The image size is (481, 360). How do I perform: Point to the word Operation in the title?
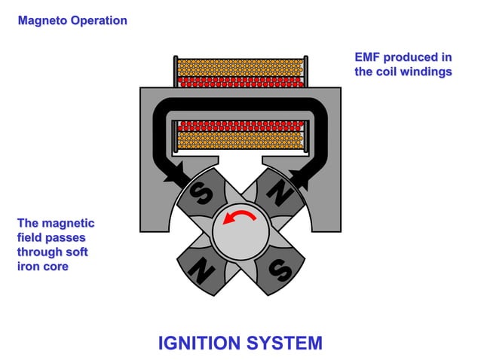[x=99, y=20]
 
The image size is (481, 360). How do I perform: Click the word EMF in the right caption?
[x=369, y=57]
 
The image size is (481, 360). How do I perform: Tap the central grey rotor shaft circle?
[x=240, y=233]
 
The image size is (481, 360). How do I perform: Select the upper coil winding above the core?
[x=240, y=71]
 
